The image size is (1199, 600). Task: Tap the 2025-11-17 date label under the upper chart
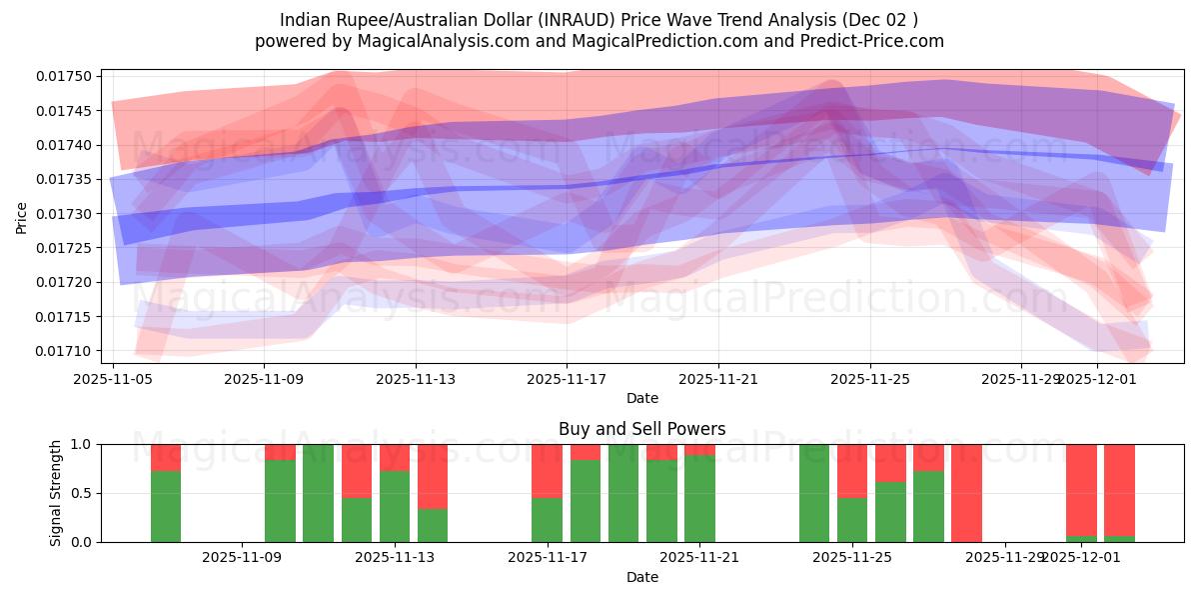point(567,380)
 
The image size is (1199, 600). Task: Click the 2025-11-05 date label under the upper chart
point(113,380)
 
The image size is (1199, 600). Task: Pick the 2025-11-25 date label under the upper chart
point(869,380)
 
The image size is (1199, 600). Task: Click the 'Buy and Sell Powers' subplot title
point(641,429)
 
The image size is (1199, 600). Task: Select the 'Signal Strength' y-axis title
point(56,493)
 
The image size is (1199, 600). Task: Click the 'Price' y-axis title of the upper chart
point(22,216)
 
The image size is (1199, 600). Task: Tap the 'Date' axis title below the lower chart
point(641,577)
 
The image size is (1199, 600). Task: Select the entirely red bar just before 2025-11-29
point(966,493)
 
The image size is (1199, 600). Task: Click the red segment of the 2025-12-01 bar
point(1081,489)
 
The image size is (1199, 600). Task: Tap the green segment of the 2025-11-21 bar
point(699,500)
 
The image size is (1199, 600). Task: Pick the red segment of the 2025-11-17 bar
point(547,470)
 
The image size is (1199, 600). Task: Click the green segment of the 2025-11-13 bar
point(395,507)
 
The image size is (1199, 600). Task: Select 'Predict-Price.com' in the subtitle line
point(876,41)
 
